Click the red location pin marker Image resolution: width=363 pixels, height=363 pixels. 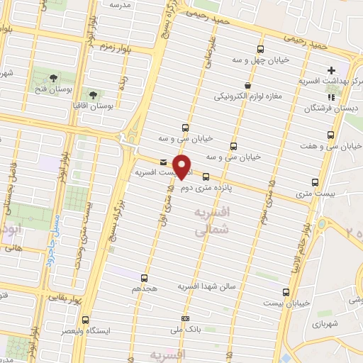pos(183,167)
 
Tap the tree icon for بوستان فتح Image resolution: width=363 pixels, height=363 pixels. pos(54,77)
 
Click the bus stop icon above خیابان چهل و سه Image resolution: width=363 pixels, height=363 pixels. pos(260,50)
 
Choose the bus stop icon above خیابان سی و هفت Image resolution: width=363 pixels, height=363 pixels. pos(330,135)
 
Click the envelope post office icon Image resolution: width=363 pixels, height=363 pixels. pos(164,162)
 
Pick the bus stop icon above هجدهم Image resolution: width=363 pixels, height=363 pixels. pos(145,277)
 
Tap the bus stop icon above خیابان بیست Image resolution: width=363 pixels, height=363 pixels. pos(286,292)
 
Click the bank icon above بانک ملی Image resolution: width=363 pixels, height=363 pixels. pos(186,319)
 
